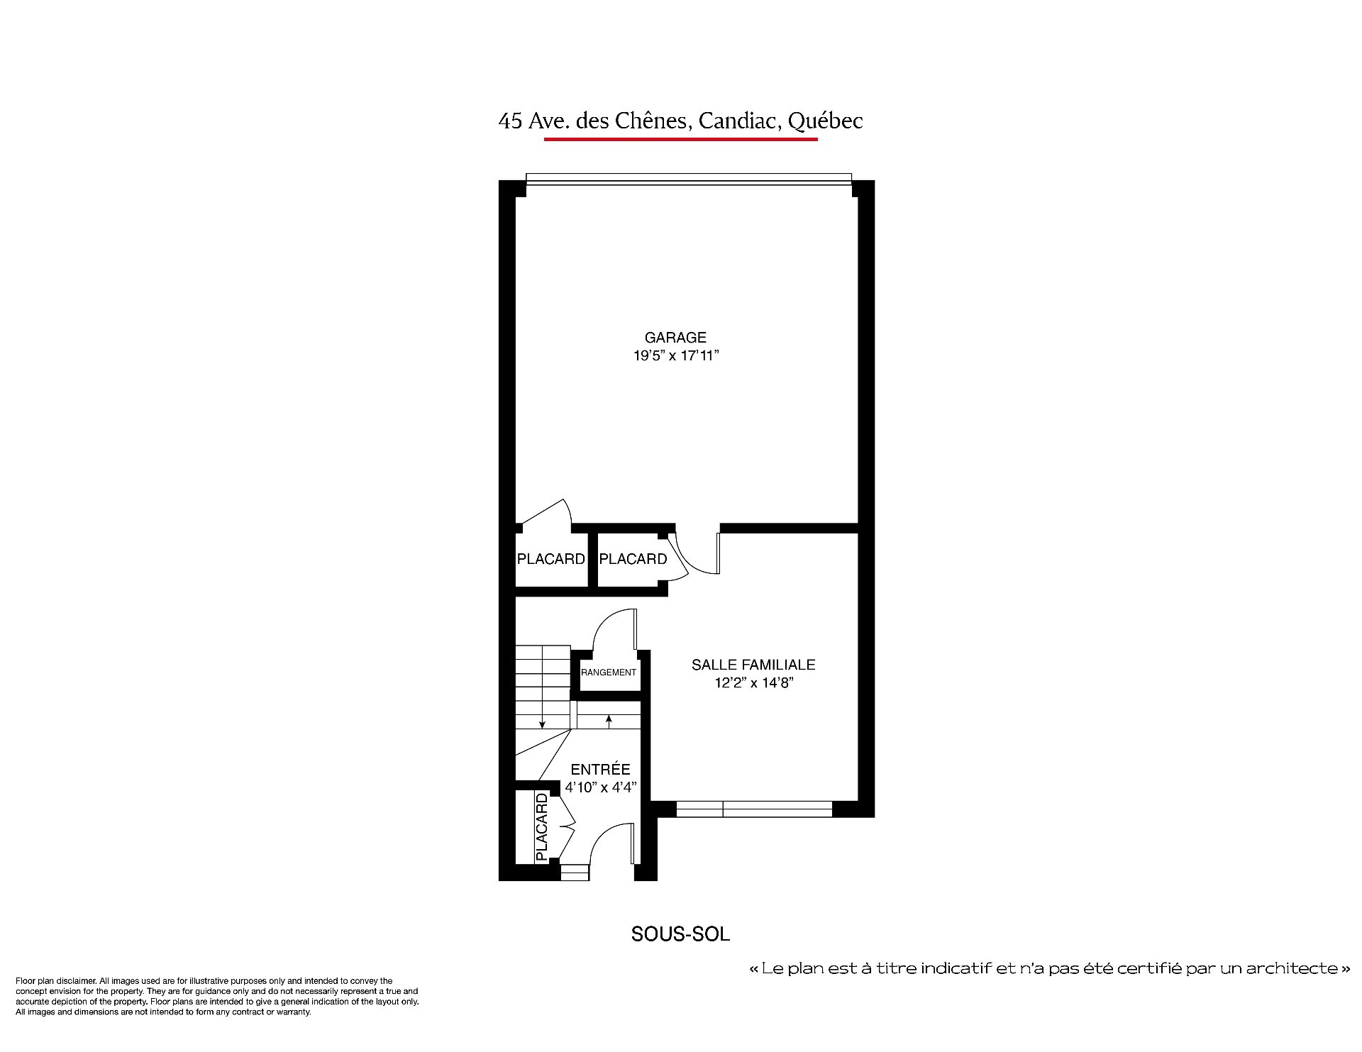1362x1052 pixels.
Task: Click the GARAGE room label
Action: point(675,338)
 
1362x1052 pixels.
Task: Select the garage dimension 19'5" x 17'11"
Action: point(676,355)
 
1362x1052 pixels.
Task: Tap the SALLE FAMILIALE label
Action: point(753,665)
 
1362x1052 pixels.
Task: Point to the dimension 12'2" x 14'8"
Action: point(753,683)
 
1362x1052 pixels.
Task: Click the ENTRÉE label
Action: point(600,769)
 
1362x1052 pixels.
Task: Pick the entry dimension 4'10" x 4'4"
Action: point(601,787)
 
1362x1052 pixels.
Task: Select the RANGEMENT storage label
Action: point(609,672)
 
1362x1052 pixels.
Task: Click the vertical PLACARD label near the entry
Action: point(542,827)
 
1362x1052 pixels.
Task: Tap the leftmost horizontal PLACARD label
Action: point(551,559)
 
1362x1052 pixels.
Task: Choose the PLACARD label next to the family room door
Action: point(633,559)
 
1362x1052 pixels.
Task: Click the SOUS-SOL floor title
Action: point(680,934)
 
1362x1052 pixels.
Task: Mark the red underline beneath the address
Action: point(681,139)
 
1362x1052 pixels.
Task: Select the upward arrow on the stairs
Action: point(609,721)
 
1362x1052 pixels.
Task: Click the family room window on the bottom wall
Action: point(753,809)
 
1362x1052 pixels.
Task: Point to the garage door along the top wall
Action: point(688,179)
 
